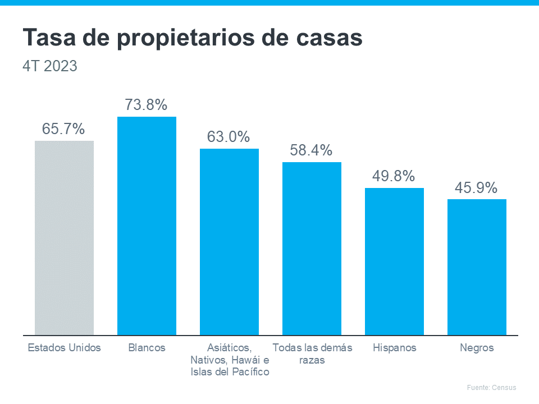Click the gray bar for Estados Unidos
click(64, 238)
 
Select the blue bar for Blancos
click(147, 226)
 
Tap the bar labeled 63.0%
click(229, 242)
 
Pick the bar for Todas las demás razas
click(312, 249)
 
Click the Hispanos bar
click(394, 261)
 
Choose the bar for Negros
click(477, 267)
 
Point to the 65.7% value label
click(63, 129)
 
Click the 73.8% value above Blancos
click(146, 105)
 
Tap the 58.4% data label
click(311, 150)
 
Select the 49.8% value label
click(394, 176)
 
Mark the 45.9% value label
click(476, 188)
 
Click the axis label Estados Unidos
click(65, 348)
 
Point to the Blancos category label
click(147, 348)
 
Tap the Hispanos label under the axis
click(395, 348)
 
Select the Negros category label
click(477, 348)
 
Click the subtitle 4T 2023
click(50, 66)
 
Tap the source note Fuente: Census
click(491, 388)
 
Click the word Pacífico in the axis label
click(250, 372)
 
